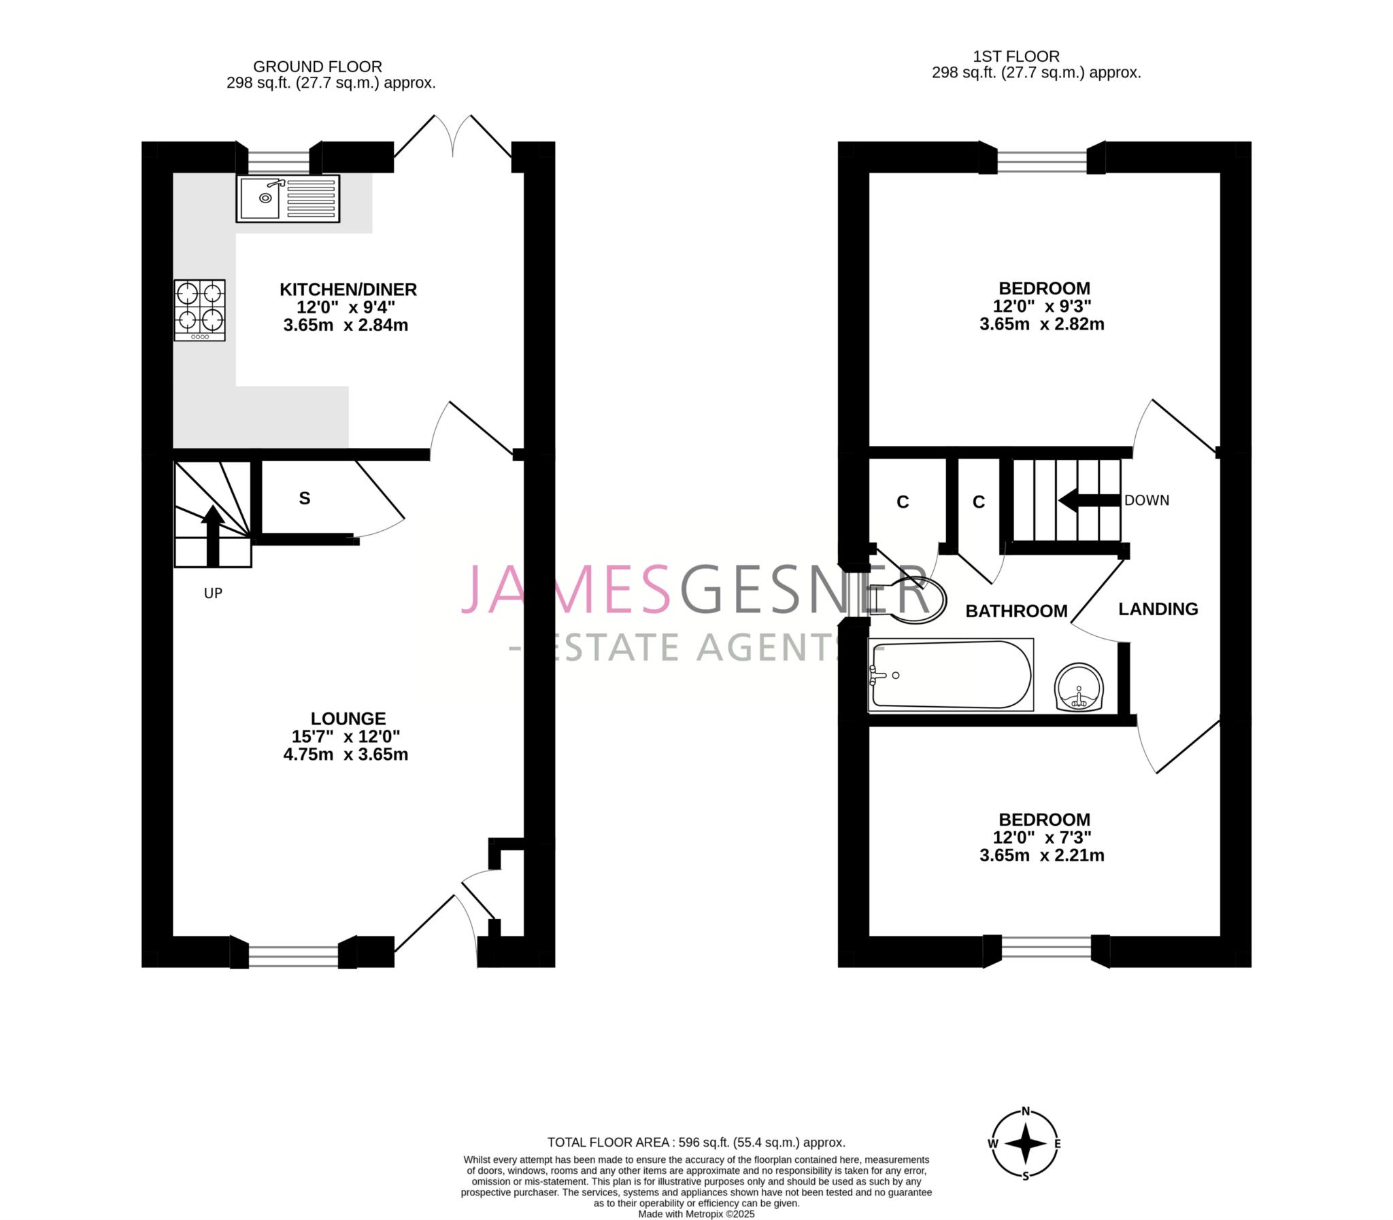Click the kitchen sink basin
[x=259, y=198]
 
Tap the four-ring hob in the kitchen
[x=199, y=310]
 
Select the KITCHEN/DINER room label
[x=348, y=290]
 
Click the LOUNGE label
[x=348, y=718]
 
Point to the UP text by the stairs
[x=213, y=593]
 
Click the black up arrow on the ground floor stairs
[x=212, y=535]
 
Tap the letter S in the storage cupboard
[x=305, y=498]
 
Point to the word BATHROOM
[x=1016, y=611]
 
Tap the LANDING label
[x=1158, y=608]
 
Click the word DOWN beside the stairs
[x=1146, y=500]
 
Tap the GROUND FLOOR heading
[x=318, y=67]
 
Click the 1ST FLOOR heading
[x=1016, y=56]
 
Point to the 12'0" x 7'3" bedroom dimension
[x=1042, y=837]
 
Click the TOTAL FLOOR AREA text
[x=696, y=1142]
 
